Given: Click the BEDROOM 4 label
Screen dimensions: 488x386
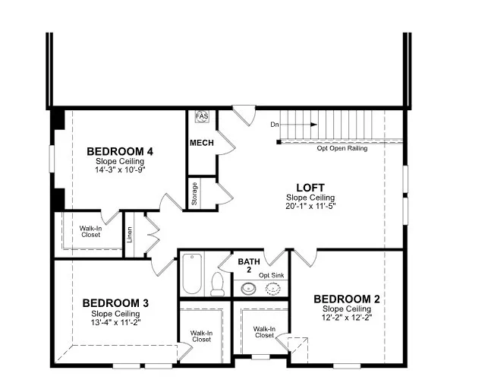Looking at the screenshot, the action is click(x=120, y=151).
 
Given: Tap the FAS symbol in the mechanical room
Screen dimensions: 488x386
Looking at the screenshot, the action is click(x=202, y=116).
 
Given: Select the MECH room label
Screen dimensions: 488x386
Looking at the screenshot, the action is click(x=202, y=143).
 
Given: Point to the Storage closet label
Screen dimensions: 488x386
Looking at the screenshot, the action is click(x=194, y=194).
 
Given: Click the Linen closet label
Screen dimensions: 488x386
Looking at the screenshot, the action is click(x=130, y=235).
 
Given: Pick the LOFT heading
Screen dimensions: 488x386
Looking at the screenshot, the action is click(x=310, y=188).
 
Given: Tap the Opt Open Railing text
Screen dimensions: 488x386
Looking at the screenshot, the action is click(x=342, y=148).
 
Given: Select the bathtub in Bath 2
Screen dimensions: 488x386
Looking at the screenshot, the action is click(x=192, y=274).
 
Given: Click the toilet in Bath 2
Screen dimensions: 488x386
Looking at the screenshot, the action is click(x=217, y=284).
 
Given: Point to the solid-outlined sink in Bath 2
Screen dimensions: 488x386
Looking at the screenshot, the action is click(x=248, y=289).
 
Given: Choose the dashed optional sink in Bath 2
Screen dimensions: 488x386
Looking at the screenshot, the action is click(x=273, y=289).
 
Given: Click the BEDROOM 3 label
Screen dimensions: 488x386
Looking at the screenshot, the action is click(x=115, y=303).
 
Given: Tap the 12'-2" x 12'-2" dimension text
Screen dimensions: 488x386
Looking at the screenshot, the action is click(x=347, y=318).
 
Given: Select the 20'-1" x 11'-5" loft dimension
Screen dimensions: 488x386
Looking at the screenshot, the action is click(x=310, y=206).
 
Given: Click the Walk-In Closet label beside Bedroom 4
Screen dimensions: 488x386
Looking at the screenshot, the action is click(x=90, y=232).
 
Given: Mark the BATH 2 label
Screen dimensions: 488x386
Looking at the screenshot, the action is click(x=249, y=265).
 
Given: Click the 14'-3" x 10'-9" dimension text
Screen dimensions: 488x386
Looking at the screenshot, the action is click(x=120, y=169).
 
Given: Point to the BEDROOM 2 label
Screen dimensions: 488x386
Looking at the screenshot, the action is click(x=347, y=299).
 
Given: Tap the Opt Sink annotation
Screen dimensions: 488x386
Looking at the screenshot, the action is click(x=272, y=275).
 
